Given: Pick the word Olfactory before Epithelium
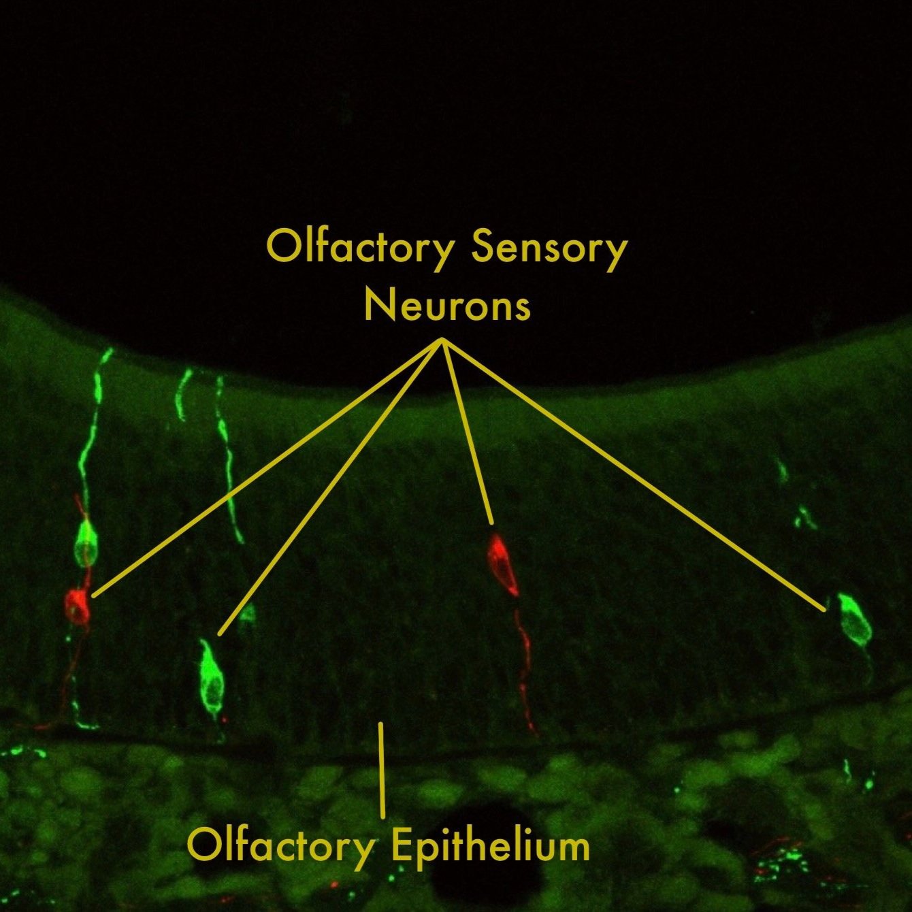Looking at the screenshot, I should tap(280, 846).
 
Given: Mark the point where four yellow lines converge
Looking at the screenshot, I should tap(443, 340).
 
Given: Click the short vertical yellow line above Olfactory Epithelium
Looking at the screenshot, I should tap(382, 769).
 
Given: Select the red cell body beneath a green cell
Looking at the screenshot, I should tap(78, 605).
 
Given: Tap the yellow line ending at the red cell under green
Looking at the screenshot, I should tap(267, 468).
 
